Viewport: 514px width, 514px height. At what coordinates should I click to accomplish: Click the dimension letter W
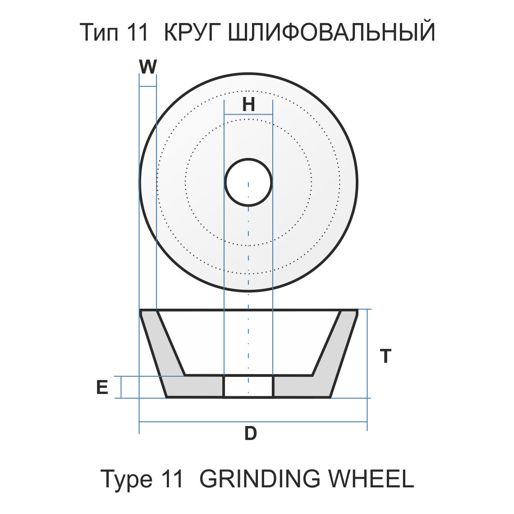point(147,67)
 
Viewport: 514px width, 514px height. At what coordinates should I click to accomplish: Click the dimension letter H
point(248,104)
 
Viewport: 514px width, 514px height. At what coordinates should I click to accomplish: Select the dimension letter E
point(102,387)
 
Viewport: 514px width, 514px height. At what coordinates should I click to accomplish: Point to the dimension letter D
point(250,434)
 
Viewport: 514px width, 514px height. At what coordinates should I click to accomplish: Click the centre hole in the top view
point(248,182)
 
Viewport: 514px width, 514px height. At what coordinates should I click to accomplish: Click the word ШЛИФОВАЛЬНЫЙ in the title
point(331,32)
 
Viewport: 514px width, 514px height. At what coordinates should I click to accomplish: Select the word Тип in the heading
point(96,32)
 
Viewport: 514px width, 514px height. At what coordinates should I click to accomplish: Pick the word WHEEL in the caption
point(370,479)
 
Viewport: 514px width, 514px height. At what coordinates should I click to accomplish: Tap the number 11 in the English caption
point(172,479)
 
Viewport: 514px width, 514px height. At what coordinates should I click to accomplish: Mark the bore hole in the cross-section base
point(248,387)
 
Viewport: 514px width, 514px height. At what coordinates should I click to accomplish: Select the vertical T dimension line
point(367,334)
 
